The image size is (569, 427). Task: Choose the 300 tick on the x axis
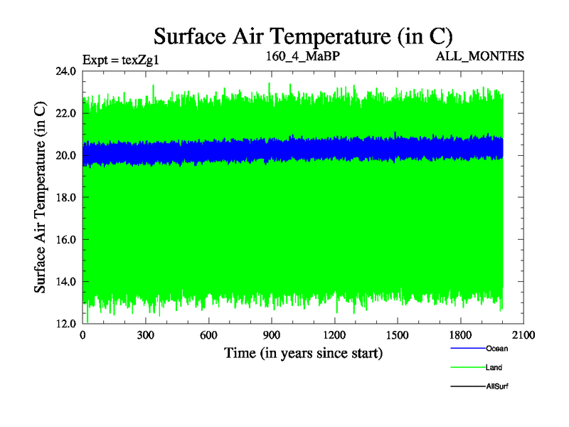(x=146, y=334)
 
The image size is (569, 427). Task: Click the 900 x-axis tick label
(x=272, y=334)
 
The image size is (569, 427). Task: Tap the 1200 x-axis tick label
(x=334, y=334)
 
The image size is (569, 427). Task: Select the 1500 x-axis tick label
(x=398, y=334)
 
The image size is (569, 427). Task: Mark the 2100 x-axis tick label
(x=523, y=334)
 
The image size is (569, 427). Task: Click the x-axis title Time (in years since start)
(x=304, y=352)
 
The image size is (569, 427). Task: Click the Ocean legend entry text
(x=496, y=349)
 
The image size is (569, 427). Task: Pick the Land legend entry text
(x=494, y=367)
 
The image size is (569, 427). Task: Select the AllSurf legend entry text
(x=496, y=386)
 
